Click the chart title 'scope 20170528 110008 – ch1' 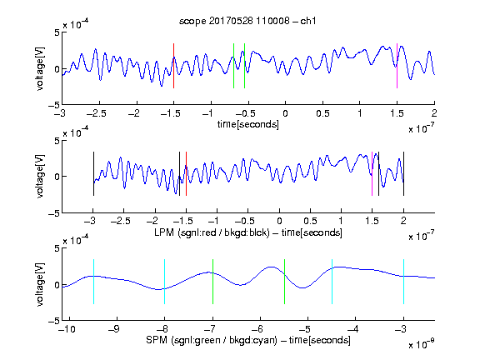247,21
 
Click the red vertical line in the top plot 173,66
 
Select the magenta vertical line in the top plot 397,66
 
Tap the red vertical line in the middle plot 186,173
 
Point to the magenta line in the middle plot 372,173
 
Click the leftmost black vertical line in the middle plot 93,173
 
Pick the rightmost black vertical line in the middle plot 403,173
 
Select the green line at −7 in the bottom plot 212,282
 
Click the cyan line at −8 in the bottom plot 165,282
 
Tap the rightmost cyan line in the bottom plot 403,282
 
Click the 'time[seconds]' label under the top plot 248,124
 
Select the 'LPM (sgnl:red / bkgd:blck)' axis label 212,232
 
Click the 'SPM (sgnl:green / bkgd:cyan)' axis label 212,340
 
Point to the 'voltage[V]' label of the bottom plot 40,284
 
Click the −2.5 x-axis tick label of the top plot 96,113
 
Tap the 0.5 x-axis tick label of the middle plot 310,221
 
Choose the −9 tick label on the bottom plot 114,329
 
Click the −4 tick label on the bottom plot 352,329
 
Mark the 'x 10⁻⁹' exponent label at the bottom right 421,344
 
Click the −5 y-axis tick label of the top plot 54,105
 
